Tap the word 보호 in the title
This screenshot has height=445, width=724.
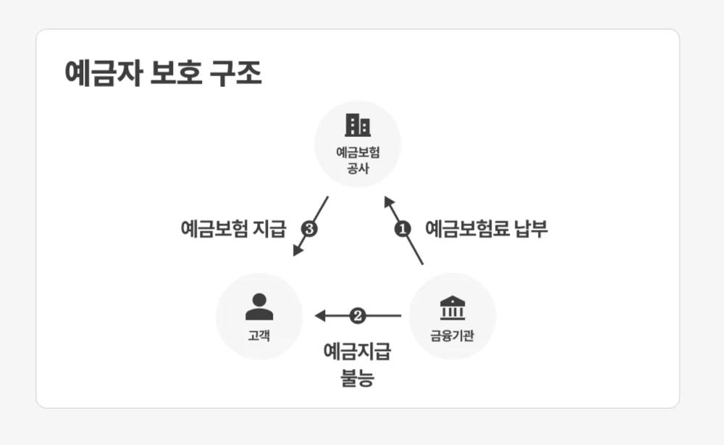(x=172, y=73)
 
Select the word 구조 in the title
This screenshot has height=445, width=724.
(x=235, y=73)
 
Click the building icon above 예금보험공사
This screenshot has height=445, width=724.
(x=358, y=125)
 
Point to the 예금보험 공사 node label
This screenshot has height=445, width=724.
(x=358, y=160)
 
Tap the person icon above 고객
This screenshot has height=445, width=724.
(x=259, y=306)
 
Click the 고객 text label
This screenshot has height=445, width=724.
(x=259, y=336)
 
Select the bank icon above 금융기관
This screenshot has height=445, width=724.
(x=452, y=307)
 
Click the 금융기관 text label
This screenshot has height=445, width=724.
(x=452, y=336)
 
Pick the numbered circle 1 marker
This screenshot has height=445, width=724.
(x=403, y=229)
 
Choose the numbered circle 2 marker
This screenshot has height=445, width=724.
(x=358, y=316)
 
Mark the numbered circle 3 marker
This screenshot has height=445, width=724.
(x=309, y=229)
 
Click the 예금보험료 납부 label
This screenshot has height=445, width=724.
(x=486, y=229)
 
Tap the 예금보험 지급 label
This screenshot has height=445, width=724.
(x=233, y=229)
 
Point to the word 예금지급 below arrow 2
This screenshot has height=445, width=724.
(x=357, y=353)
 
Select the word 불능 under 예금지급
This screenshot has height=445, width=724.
(x=357, y=377)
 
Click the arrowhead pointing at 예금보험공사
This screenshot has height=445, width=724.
(x=388, y=201)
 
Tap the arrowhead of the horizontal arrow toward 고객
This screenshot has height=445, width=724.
(x=320, y=316)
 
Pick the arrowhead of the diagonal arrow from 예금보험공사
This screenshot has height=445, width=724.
(x=297, y=250)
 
